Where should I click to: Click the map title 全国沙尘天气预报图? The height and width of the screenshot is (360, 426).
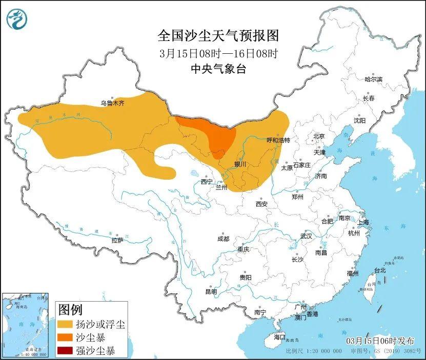218,35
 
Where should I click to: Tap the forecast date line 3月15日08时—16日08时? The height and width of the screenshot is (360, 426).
218,53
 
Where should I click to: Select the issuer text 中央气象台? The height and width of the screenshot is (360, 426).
218,69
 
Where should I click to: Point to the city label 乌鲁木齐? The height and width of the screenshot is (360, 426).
112,103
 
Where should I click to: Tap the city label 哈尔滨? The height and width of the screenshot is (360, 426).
373,79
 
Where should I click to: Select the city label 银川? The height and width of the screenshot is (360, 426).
240,164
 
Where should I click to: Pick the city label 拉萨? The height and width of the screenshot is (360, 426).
117,240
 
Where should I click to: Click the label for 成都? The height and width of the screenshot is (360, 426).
223,239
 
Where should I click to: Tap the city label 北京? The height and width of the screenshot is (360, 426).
319,136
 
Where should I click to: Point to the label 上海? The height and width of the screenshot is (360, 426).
362,222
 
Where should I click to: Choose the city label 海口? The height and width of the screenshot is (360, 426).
279,337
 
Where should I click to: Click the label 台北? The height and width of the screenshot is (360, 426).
379,270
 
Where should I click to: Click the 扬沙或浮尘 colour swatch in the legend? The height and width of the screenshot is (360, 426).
65,324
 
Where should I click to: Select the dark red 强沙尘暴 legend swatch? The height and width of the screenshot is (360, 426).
65,351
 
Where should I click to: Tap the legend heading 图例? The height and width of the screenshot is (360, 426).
71,309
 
